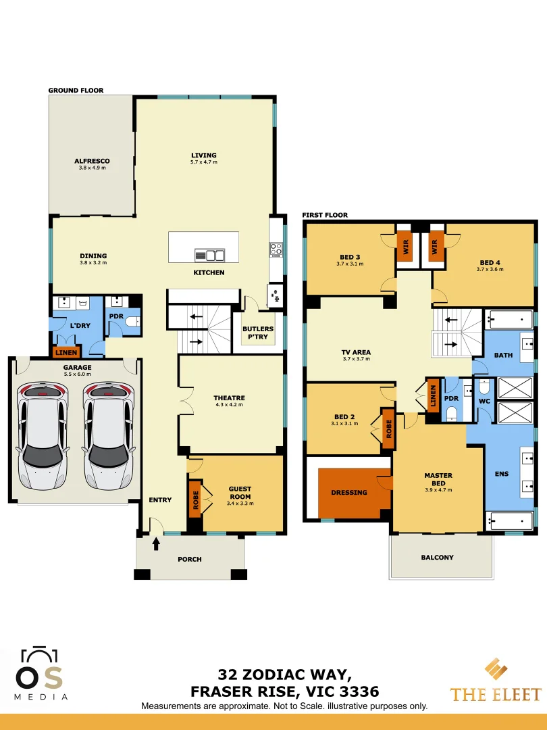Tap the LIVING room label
click(203, 155)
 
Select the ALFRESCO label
click(92, 161)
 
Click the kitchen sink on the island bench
click(210, 255)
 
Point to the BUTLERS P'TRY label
click(257, 333)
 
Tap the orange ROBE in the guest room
click(194, 499)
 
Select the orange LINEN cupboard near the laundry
click(67, 351)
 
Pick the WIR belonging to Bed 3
click(405, 245)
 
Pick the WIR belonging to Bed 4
click(434, 245)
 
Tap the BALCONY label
click(437, 558)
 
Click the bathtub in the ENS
click(510, 520)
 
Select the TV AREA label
click(356, 352)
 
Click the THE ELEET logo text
click(496, 694)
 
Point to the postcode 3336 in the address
click(359, 691)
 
